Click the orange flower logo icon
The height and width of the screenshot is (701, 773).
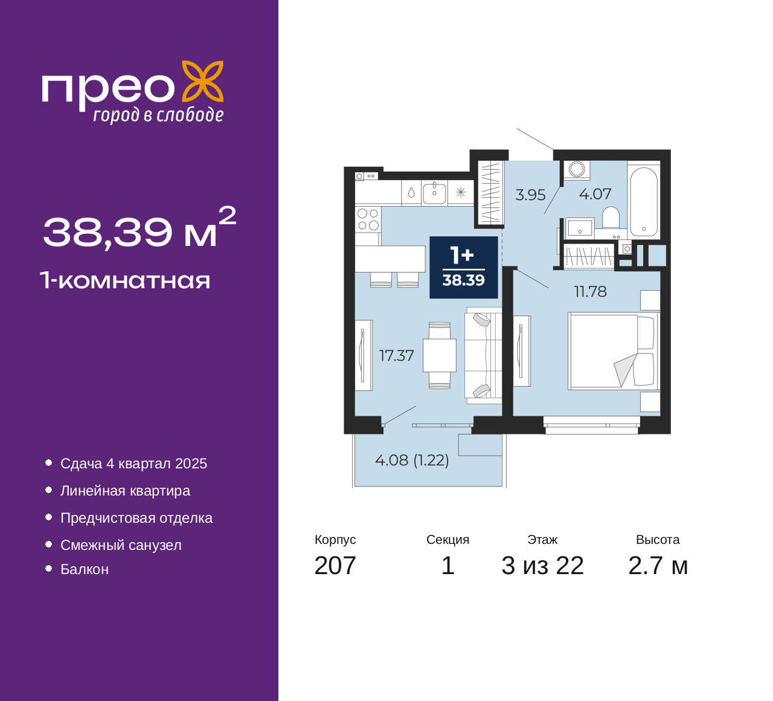click(203, 82)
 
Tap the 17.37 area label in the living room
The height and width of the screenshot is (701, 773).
click(397, 355)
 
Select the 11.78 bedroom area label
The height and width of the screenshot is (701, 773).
click(591, 291)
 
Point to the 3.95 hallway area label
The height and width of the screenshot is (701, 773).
click(530, 195)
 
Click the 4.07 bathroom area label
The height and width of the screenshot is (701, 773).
click(595, 194)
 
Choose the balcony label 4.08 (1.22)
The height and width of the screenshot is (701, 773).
click(412, 460)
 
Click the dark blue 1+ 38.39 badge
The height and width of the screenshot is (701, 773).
click(464, 267)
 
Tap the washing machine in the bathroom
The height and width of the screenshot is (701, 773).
click(577, 170)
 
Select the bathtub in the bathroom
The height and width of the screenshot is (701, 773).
click(644, 201)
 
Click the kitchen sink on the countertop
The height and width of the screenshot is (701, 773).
click(434, 193)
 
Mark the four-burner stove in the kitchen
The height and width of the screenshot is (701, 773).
click(368, 219)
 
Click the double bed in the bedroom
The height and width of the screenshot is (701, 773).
click(612, 351)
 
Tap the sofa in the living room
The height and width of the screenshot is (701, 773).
click(484, 355)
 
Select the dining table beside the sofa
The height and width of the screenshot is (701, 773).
click(440, 355)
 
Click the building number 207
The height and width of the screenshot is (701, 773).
click(335, 566)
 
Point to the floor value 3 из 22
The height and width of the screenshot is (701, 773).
click(542, 566)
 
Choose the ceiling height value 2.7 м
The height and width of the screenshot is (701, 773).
click(658, 566)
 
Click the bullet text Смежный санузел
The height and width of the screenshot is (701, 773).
click(121, 545)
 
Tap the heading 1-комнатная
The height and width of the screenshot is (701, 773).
click(125, 280)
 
